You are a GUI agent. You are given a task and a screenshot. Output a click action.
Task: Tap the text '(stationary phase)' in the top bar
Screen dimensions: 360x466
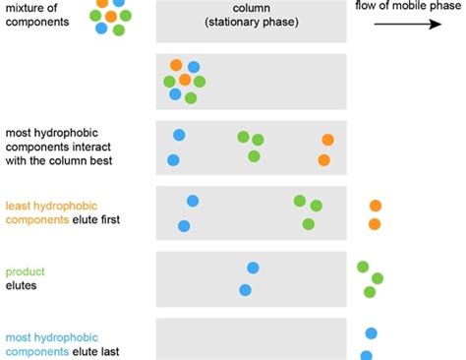[x=252, y=22]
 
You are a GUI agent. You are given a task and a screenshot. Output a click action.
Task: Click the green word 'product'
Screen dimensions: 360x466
[x=26, y=271]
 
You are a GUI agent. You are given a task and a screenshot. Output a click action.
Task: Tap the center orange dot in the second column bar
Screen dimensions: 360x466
[x=185, y=79]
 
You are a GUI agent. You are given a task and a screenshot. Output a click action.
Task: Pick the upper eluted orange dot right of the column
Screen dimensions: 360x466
[x=376, y=206]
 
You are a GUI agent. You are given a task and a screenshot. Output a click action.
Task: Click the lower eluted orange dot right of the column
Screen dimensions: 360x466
[x=375, y=224]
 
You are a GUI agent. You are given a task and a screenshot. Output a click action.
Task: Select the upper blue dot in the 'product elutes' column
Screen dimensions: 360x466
[x=253, y=268]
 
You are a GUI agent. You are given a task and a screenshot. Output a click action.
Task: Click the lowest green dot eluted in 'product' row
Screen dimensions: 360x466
[x=370, y=291]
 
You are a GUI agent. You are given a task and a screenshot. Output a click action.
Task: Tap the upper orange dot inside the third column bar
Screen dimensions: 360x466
[x=327, y=140]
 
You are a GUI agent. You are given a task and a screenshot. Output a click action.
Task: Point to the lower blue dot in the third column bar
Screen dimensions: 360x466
[x=173, y=159]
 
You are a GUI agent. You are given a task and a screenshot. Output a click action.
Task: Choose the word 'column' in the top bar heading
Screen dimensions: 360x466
[x=252, y=8]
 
